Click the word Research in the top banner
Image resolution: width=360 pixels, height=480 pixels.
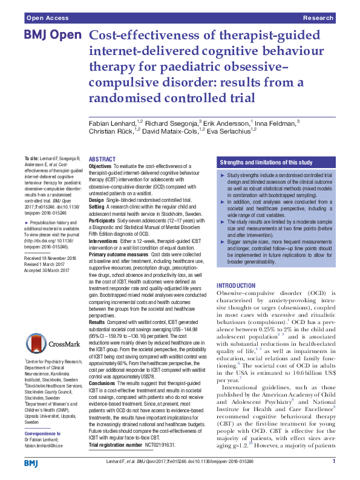pos(319,19)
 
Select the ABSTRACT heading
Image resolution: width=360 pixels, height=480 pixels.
pos(103,159)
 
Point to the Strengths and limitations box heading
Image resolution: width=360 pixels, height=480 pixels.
pos(266,163)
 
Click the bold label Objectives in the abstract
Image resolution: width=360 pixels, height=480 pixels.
pos(100,166)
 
